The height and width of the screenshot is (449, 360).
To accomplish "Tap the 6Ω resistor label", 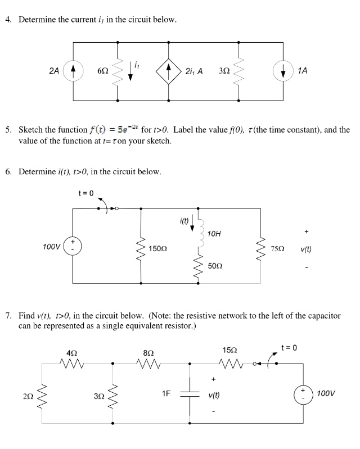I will click(103, 72).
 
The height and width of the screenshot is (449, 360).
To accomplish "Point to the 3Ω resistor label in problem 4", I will click(223, 72).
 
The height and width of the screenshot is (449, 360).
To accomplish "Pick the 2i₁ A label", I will click(195, 71).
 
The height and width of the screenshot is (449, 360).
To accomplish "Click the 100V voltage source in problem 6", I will click(73, 246).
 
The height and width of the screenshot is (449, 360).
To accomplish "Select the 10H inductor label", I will click(215, 233).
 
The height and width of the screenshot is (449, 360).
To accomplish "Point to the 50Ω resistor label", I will click(215, 264).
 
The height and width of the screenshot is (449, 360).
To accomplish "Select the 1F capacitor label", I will click(166, 393).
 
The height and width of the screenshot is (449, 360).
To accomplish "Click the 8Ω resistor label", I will click(149, 352).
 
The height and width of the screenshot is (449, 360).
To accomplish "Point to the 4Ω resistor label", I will click(71, 352).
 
